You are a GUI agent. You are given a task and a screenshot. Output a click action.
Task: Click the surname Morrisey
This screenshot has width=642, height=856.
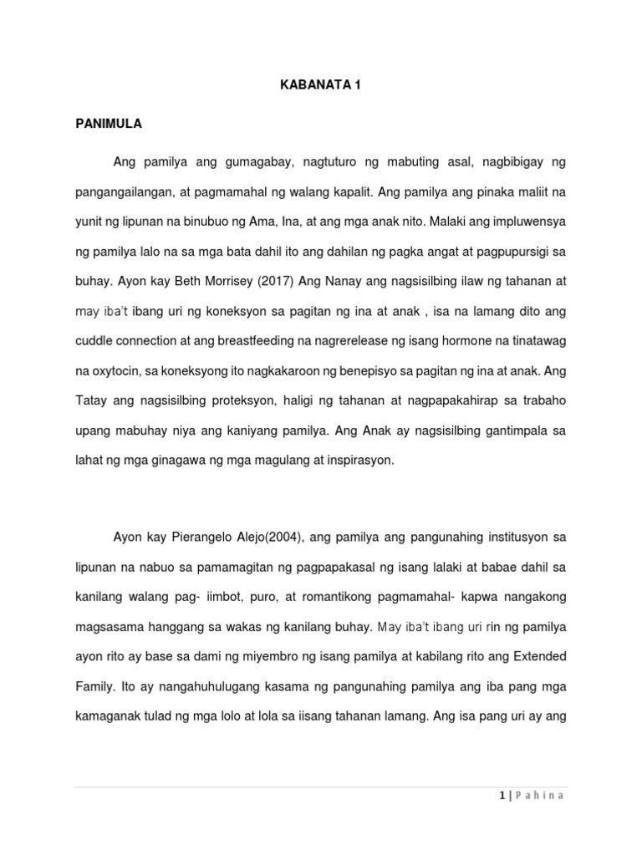click(x=226, y=282)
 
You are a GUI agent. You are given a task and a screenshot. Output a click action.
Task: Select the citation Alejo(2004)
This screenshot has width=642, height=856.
click(x=285, y=537)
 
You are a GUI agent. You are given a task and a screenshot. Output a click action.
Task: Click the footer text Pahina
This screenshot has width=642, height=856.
click(x=539, y=796)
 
